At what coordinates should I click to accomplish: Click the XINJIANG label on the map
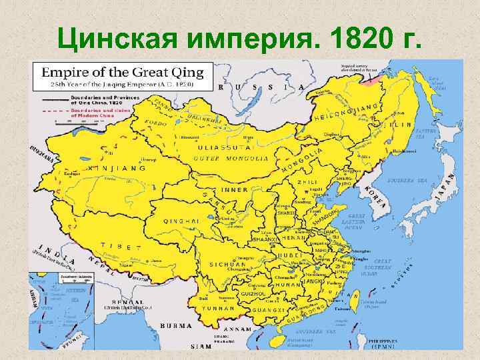[117, 169]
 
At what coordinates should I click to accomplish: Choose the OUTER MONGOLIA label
[231, 159]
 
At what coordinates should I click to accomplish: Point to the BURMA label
[177, 326]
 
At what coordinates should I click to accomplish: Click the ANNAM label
[237, 329]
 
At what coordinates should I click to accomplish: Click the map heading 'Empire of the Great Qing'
[127, 71]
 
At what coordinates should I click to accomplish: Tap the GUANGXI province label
[269, 310]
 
